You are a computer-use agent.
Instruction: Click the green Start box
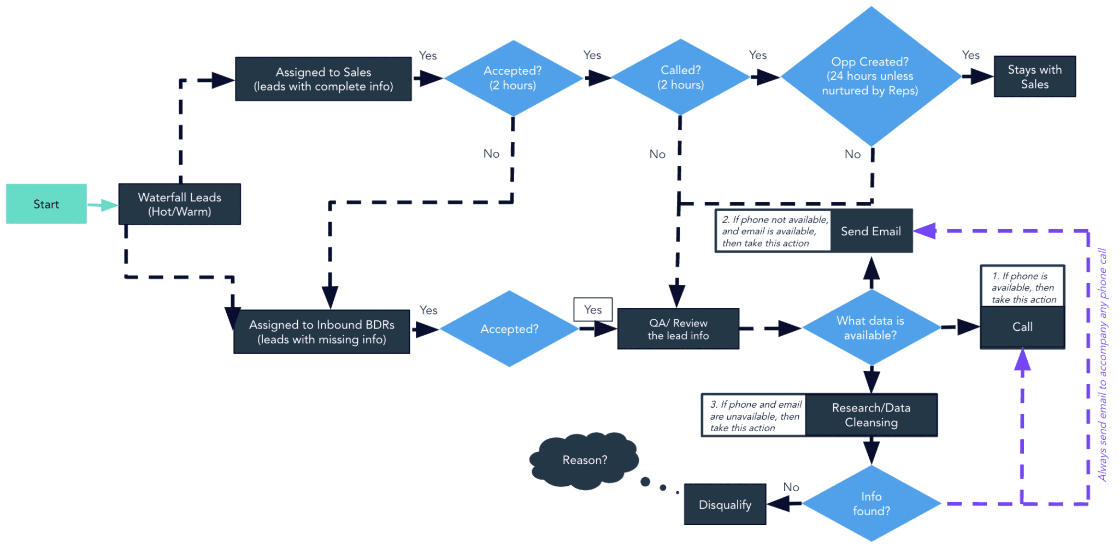click(46, 204)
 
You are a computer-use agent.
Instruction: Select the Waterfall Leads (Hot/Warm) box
click(179, 204)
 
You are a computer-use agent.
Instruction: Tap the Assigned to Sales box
click(323, 79)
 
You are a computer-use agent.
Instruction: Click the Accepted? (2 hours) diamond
click(513, 78)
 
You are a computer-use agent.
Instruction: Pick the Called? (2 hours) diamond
click(680, 78)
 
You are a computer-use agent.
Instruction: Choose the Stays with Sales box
click(1034, 77)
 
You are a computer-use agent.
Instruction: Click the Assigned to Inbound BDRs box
click(321, 332)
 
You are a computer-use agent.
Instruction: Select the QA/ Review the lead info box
click(678, 329)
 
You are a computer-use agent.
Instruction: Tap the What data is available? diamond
click(870, 328)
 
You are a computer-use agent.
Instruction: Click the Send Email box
click(871, 231)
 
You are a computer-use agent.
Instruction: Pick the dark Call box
click(1022, 327)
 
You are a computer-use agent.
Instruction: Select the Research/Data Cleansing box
click(871, 415)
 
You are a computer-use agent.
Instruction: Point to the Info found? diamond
click(871, 504)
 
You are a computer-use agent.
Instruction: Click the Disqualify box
click(725, 505)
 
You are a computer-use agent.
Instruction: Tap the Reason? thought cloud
click(584, 460)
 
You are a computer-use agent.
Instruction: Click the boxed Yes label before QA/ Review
click(593, 310)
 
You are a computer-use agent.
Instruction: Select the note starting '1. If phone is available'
click(1022, 287)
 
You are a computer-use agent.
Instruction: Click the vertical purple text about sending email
click(1103, 365)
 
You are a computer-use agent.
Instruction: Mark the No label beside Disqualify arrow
click(791, 487)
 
